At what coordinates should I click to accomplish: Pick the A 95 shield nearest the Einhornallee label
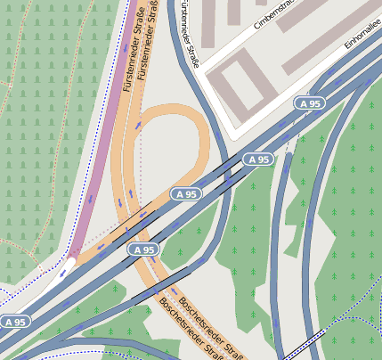[x=309, y=104]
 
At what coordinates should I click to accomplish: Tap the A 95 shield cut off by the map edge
[x=13, y=322]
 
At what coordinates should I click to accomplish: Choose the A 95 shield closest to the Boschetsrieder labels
[x=142, y=250]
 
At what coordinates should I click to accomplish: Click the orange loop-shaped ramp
[x=203, y=134]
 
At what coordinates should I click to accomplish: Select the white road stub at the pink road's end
[x=63, y=267]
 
